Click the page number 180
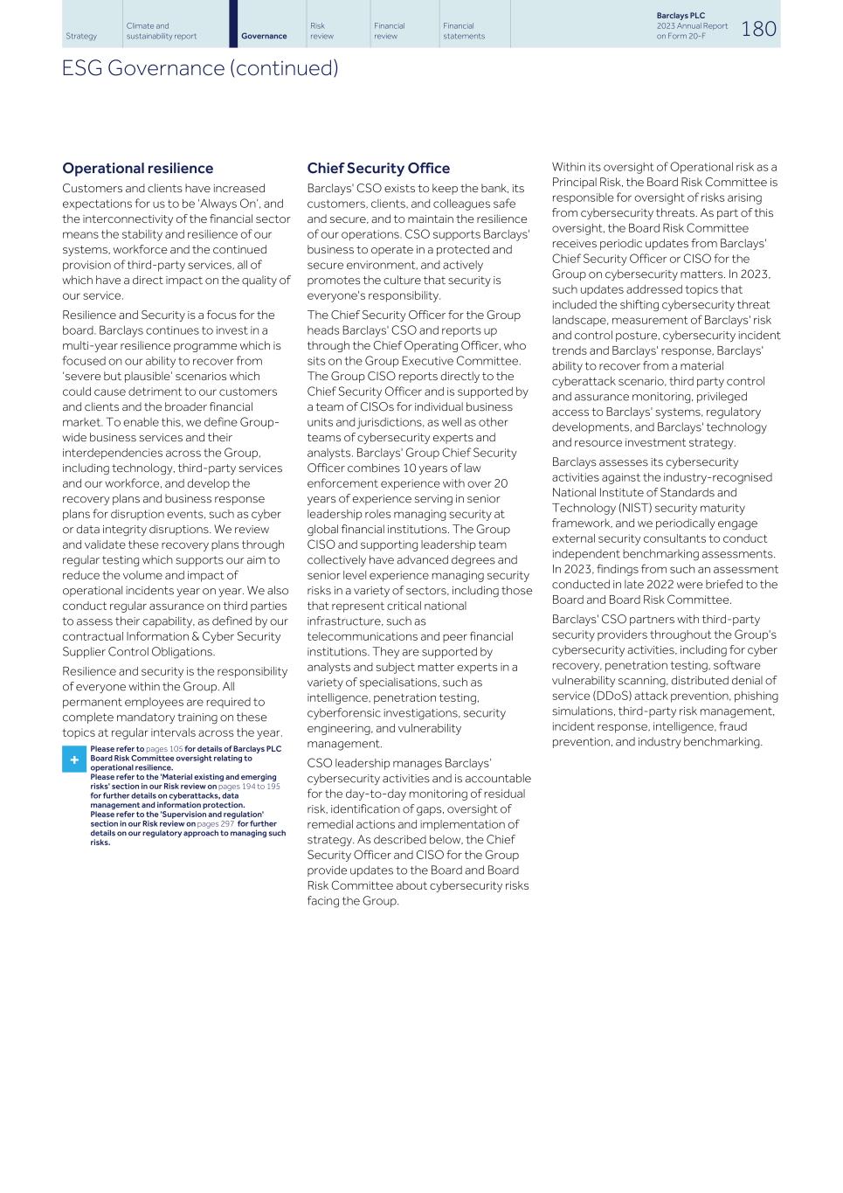coord(758,29)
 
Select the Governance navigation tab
coord(264,36)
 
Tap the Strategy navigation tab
coord(81,36)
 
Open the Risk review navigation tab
coord(321,31)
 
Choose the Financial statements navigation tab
coord(463,31)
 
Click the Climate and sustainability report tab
coord(161,31)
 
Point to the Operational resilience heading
coord(137,169)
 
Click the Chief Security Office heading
coord(378,169)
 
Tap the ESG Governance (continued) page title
coord(199,68)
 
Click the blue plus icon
coord(73,759)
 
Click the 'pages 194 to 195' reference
coord(249,787)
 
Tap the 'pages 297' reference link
coord(215,823)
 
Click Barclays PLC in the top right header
coord(681,16)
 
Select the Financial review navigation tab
coord(389,31)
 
